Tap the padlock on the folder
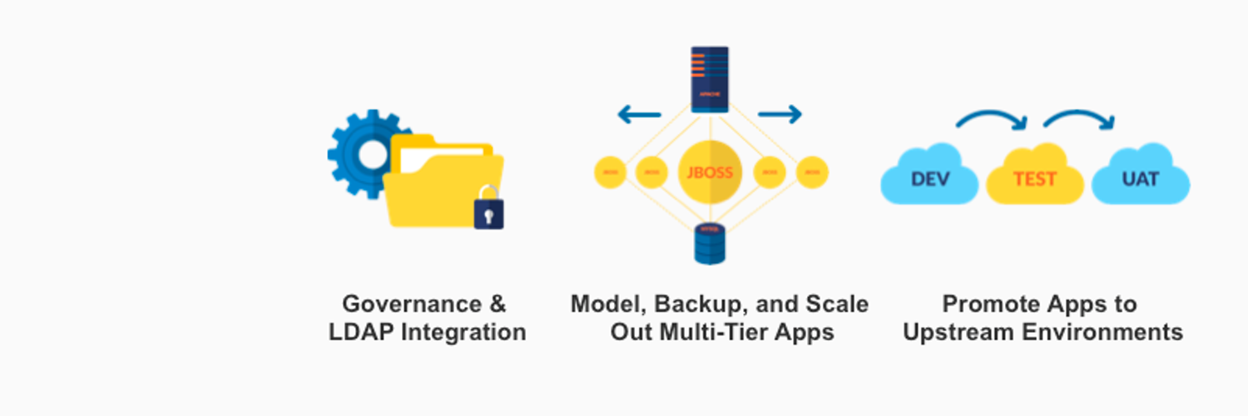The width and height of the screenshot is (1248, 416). (488, 210)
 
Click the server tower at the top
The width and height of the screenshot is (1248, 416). (710, 79)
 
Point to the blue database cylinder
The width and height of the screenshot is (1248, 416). (710, 242)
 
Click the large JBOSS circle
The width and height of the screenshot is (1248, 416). (710, 173)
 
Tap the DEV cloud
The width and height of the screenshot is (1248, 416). (930, 177)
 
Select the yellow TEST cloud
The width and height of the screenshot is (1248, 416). (1035, 177)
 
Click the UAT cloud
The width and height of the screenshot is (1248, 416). (1140, 177)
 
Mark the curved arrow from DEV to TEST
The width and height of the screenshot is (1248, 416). (992, 120)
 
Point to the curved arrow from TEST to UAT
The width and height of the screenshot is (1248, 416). (1079, 120)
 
